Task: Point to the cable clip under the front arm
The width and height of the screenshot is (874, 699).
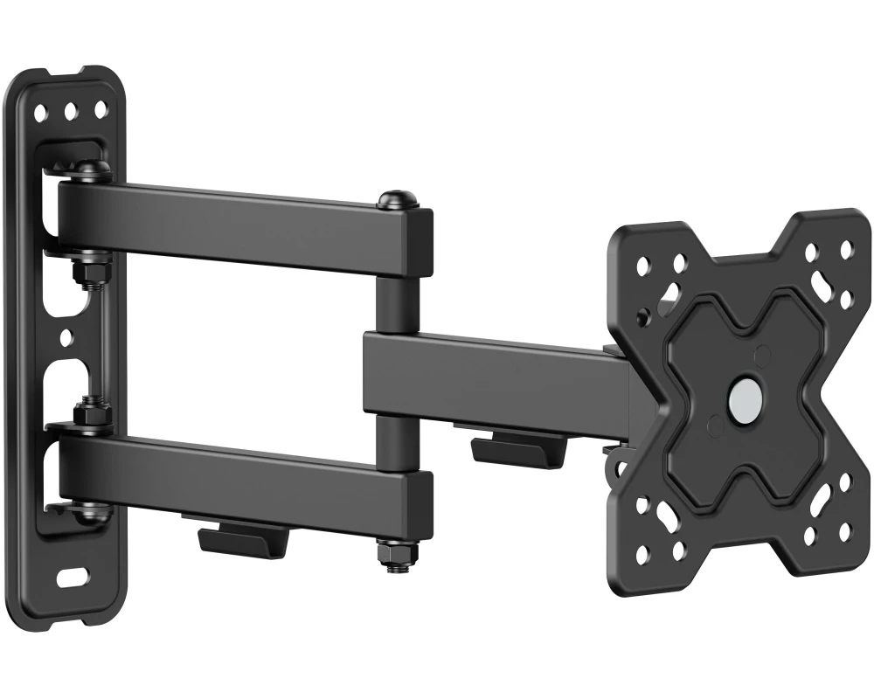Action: click(504, 448)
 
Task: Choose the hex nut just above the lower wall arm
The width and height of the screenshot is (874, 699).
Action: click(88, 410)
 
